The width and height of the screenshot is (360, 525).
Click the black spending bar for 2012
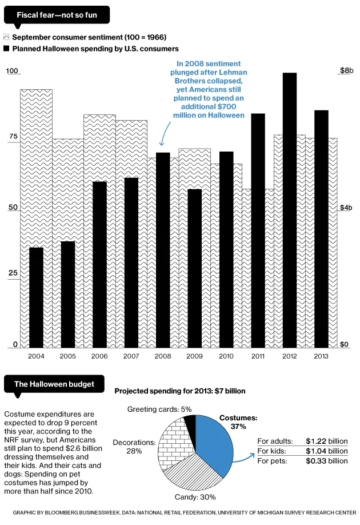click(x=290, y=209)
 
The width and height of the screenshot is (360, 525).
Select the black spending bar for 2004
click(x=37, y=297)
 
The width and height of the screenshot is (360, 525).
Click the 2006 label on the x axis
click(x=99, y=356)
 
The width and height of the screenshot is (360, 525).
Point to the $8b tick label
click(x=346, y=71)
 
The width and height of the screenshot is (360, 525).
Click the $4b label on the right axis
click(x=346, y=208)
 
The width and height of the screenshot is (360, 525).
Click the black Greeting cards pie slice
click(x=190, y=423)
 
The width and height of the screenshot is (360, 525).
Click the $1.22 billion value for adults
click(x=326, y=441)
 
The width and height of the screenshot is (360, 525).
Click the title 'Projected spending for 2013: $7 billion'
click(x=180, y=391)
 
